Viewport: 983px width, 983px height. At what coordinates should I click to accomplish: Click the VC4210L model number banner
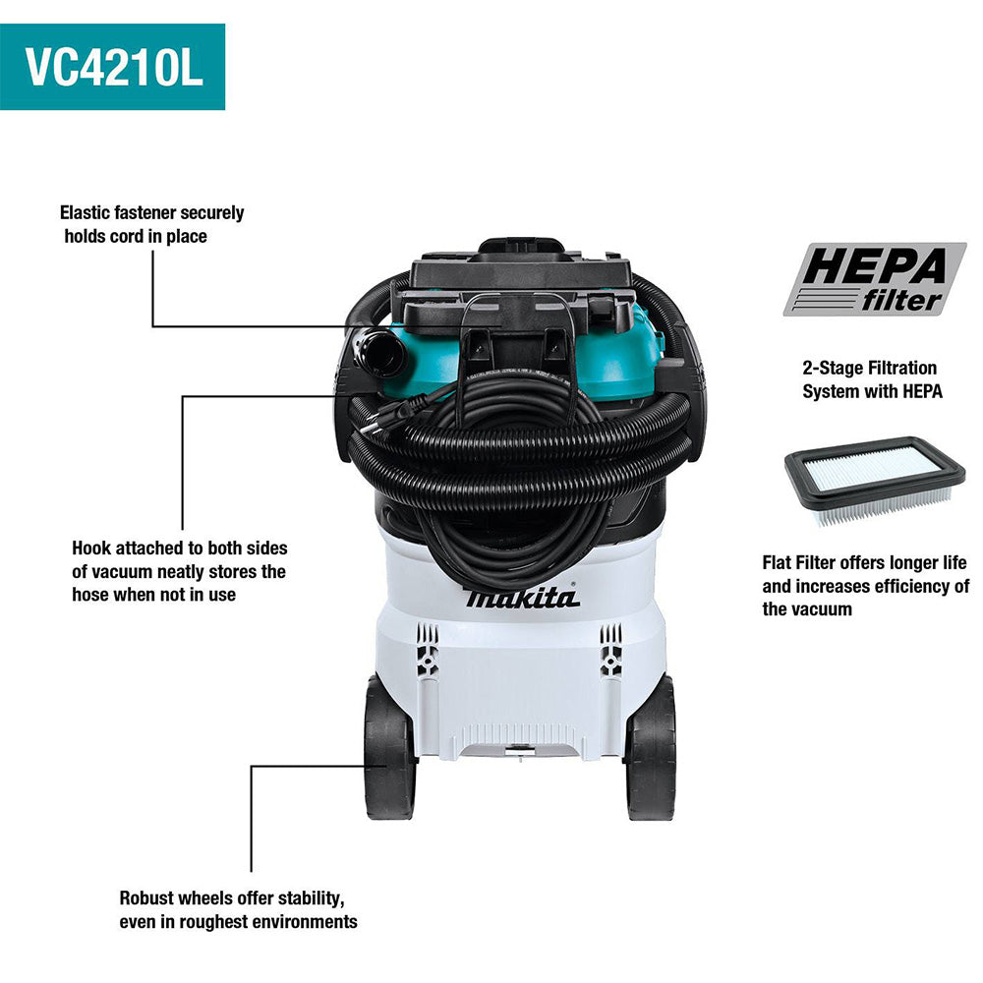coord(112,67)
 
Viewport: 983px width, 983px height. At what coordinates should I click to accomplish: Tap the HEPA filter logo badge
coord(875,279)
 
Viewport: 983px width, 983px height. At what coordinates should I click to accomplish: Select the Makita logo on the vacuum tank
coord(522,598)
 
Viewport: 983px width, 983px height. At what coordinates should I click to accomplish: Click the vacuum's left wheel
coord(388,747)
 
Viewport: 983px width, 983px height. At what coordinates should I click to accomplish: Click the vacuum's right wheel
coord(652,747)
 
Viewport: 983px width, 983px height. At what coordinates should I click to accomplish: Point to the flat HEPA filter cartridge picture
coord(875,480)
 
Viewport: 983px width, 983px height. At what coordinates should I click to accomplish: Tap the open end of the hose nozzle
coord(380,355)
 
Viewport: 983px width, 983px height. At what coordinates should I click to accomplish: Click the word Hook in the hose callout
coord(91,548)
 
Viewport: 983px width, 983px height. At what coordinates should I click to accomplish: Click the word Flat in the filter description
coord(777,562)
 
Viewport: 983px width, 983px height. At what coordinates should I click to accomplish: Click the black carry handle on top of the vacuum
coord(520,247)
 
